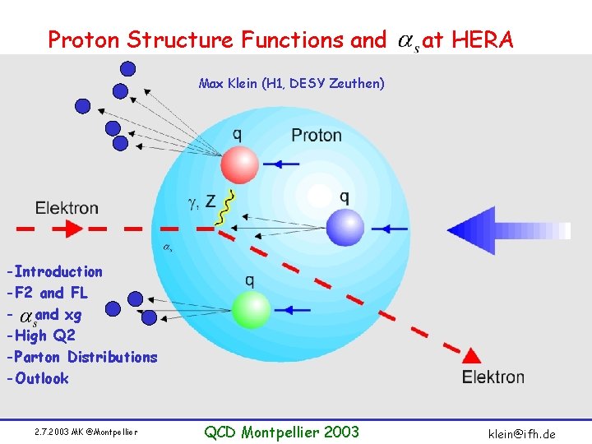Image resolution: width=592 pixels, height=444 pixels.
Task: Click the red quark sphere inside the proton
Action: pyautogui.click(x=239, y=164)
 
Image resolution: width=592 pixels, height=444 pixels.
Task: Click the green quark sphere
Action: pyautogui.click(x=251, y=310)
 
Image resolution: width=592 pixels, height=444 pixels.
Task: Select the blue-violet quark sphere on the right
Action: pyautogui.click(x=345, y=227)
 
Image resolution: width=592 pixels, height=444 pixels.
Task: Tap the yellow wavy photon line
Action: pyautogui.click(x=224, y=207)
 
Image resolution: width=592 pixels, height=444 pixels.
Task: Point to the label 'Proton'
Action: pyautogui.click(x=316, y=135)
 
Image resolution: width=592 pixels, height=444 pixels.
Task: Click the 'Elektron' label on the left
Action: pyautogui.click(x=67, y=207)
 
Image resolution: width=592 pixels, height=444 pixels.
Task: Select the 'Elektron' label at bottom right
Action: pyautogui.click(x=493, y=377)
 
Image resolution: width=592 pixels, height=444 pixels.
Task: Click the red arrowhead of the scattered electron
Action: pyautogui.click(x=471, y=355)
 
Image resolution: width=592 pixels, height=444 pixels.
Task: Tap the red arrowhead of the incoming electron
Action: pyautogui.click(x=64, y=229)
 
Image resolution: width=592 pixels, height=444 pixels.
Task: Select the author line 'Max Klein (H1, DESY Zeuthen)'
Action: pyautogui.click(x=291, y=83)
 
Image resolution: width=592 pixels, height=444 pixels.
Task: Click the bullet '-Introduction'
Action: pyautogui.click(x=54, y=271)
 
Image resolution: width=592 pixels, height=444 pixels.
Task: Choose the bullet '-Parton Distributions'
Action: pyautogui.click(x=81, y=357)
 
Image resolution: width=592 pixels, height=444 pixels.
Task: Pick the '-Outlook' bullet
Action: pyautogui.click(x=37, y=378)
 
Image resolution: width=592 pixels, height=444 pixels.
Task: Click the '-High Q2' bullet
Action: pyautogui.click(x=40, y=335)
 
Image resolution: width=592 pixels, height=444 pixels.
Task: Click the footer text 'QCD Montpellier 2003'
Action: pyautogui.click(x=281, y=432)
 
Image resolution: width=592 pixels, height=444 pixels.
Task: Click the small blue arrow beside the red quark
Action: pyautogui.click(x=284, y=164)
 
